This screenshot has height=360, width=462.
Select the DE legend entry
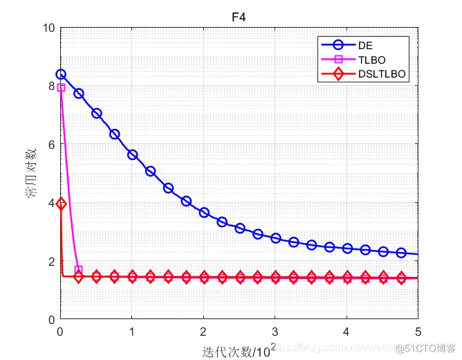click(364, 46)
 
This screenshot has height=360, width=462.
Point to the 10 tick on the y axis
click(48, 28)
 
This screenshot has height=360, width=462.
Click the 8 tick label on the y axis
click(51, 87)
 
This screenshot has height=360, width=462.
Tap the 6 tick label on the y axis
click(51, 145)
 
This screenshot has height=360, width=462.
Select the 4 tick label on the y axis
click(51, 204)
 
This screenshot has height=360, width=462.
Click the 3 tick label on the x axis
click(275, 332)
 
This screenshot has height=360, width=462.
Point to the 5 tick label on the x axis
click(418, 332)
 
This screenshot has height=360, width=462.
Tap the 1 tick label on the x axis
click(132, 332)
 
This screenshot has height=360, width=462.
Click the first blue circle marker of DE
click(61, 74)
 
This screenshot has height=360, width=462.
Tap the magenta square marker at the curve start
click(61, 87)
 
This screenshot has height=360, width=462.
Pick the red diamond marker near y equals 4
click(61, 204)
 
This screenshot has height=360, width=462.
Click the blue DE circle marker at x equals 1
click(132, 154)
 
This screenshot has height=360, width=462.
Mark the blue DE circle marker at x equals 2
click(204, 213)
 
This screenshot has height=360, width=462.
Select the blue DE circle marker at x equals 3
click(275, 237)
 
